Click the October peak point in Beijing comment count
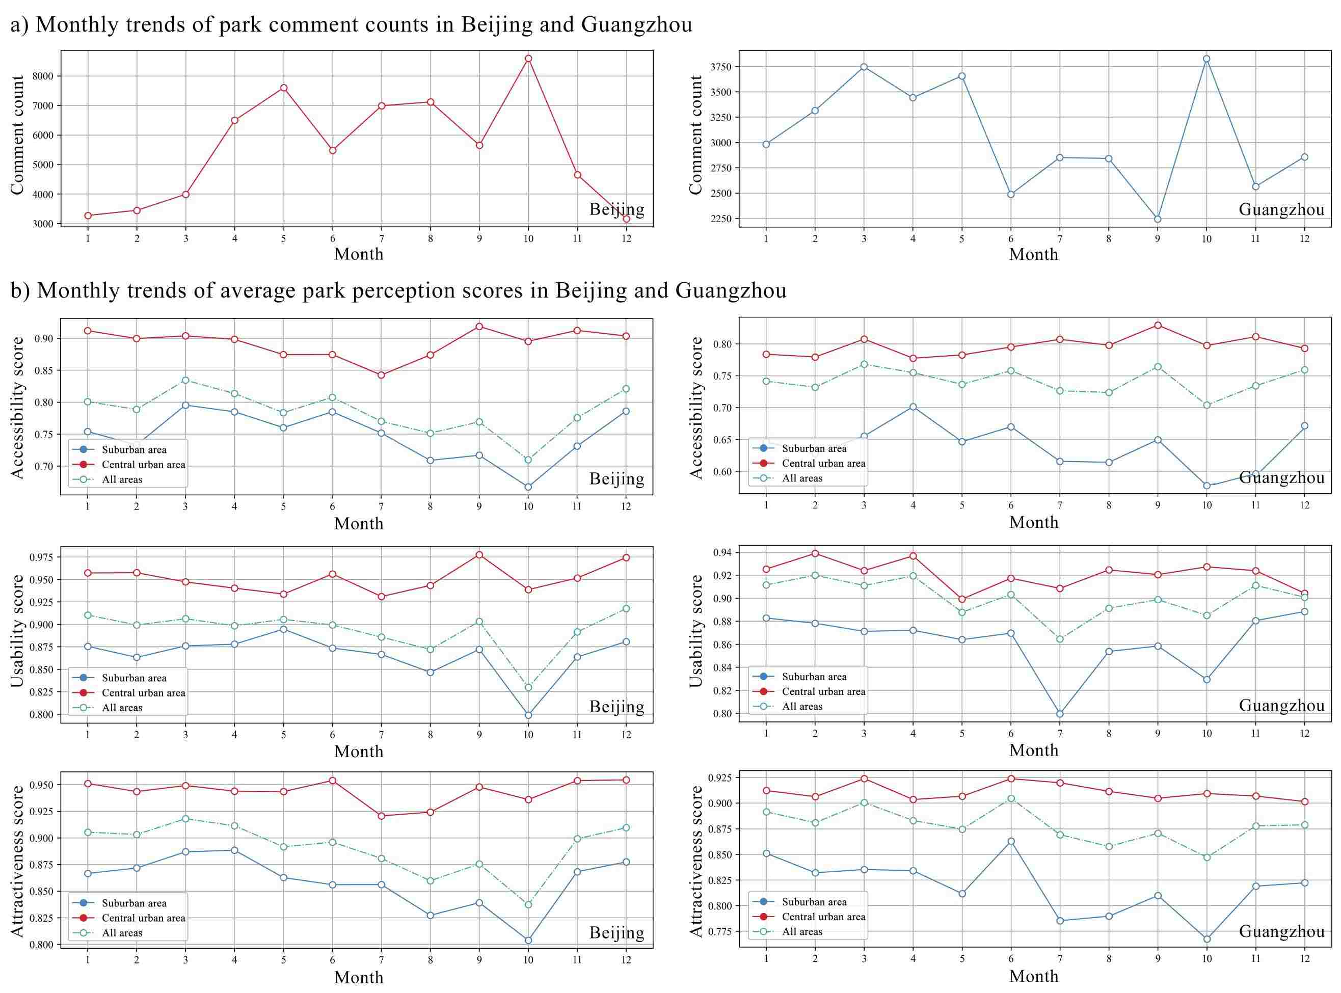(x=528, y=58)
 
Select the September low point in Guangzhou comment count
(x=1157, y=219)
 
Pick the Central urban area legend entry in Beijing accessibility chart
(x=143, y=465)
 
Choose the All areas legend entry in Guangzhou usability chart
(x=802, y=706)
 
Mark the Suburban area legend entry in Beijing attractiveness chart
(x=133, y=903)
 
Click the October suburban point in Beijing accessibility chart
(x=528, y=487)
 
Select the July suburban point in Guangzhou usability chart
(x=1060, y=714)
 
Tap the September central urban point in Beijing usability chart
(x=479, y=554)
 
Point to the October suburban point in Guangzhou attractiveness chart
(x=1206, y=939)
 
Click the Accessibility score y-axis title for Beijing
(x=18, y=408)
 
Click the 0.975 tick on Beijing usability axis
(x=42, y=557)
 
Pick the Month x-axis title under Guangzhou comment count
(x=1033, y=254)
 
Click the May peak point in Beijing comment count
(x=283, y=88)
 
